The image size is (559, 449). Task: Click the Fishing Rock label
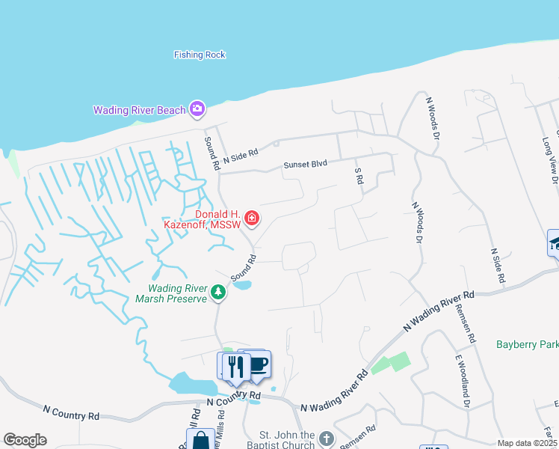point(200,55)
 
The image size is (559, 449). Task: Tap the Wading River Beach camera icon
point(197,109)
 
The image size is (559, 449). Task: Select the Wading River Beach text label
point(139,110)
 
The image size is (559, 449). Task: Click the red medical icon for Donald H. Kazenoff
point(253,219)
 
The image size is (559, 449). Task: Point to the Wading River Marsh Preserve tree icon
point(218,292)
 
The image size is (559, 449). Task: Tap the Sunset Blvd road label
point(305,165)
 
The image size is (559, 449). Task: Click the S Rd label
point(359,177)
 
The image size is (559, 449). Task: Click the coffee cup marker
point(258,364)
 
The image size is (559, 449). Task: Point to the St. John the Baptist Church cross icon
point(325,438)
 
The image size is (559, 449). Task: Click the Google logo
point(25,440)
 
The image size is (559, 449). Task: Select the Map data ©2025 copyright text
point(528,443)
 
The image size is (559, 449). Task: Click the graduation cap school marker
point(554,242)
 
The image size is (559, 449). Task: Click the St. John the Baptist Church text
point(286,440)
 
